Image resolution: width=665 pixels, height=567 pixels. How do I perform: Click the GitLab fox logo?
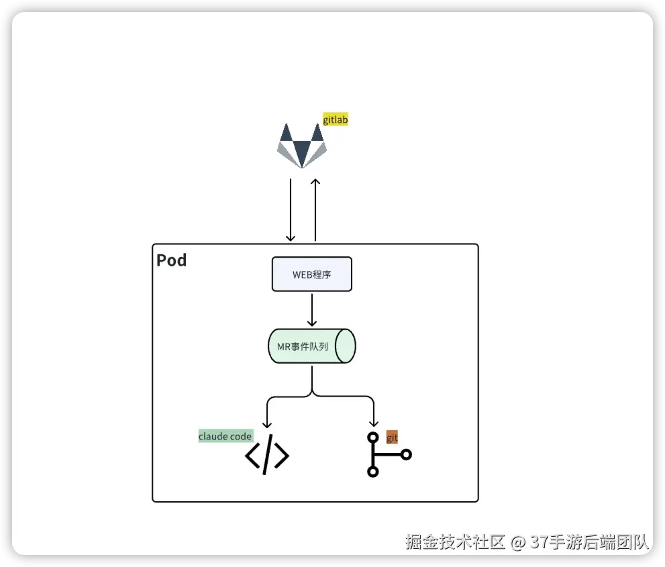(x=302, y=145)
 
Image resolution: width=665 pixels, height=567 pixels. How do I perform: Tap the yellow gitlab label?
(x=336, y=120)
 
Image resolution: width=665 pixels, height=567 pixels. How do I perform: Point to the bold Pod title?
(x=172, y=260)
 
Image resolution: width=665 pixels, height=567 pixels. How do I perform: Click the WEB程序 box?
(x=311, y=274)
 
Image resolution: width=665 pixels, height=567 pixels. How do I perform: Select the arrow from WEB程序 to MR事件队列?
(x=311, y=309)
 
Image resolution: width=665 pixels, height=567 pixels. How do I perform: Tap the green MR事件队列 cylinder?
(x=311, y=346)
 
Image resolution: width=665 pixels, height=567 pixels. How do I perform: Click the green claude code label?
(x=225, y=436)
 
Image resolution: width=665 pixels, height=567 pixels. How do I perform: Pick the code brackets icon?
(x=266, y=456)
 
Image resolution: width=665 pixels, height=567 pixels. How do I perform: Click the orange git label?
(x=392, y=438)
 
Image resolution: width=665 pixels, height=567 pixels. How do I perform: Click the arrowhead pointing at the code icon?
(x=267, y=423)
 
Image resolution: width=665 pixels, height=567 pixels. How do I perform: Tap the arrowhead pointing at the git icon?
(x=373, y=423)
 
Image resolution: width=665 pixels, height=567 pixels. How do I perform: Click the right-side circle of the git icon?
(x=405, y=454)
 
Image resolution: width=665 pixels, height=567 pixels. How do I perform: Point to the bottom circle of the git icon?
(x=373, y=472)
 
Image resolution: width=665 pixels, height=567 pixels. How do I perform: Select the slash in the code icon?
(x=267, y=456)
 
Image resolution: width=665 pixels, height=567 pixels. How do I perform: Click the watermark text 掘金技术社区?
(x=454, y=542)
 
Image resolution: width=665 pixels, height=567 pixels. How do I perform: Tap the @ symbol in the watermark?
(x=517, y=542)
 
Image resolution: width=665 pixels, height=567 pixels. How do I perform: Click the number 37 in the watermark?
(x=538, y=542)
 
